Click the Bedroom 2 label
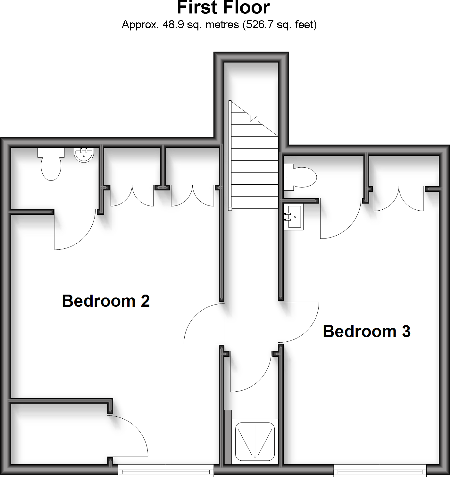106,301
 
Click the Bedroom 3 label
366,331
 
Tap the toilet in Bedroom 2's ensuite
51,164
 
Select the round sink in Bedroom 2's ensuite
84,155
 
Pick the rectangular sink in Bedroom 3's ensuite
293,217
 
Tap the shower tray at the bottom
255,441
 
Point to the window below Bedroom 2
166,471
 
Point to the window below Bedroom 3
381,471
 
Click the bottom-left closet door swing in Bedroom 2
128,436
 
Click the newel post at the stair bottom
230,209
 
